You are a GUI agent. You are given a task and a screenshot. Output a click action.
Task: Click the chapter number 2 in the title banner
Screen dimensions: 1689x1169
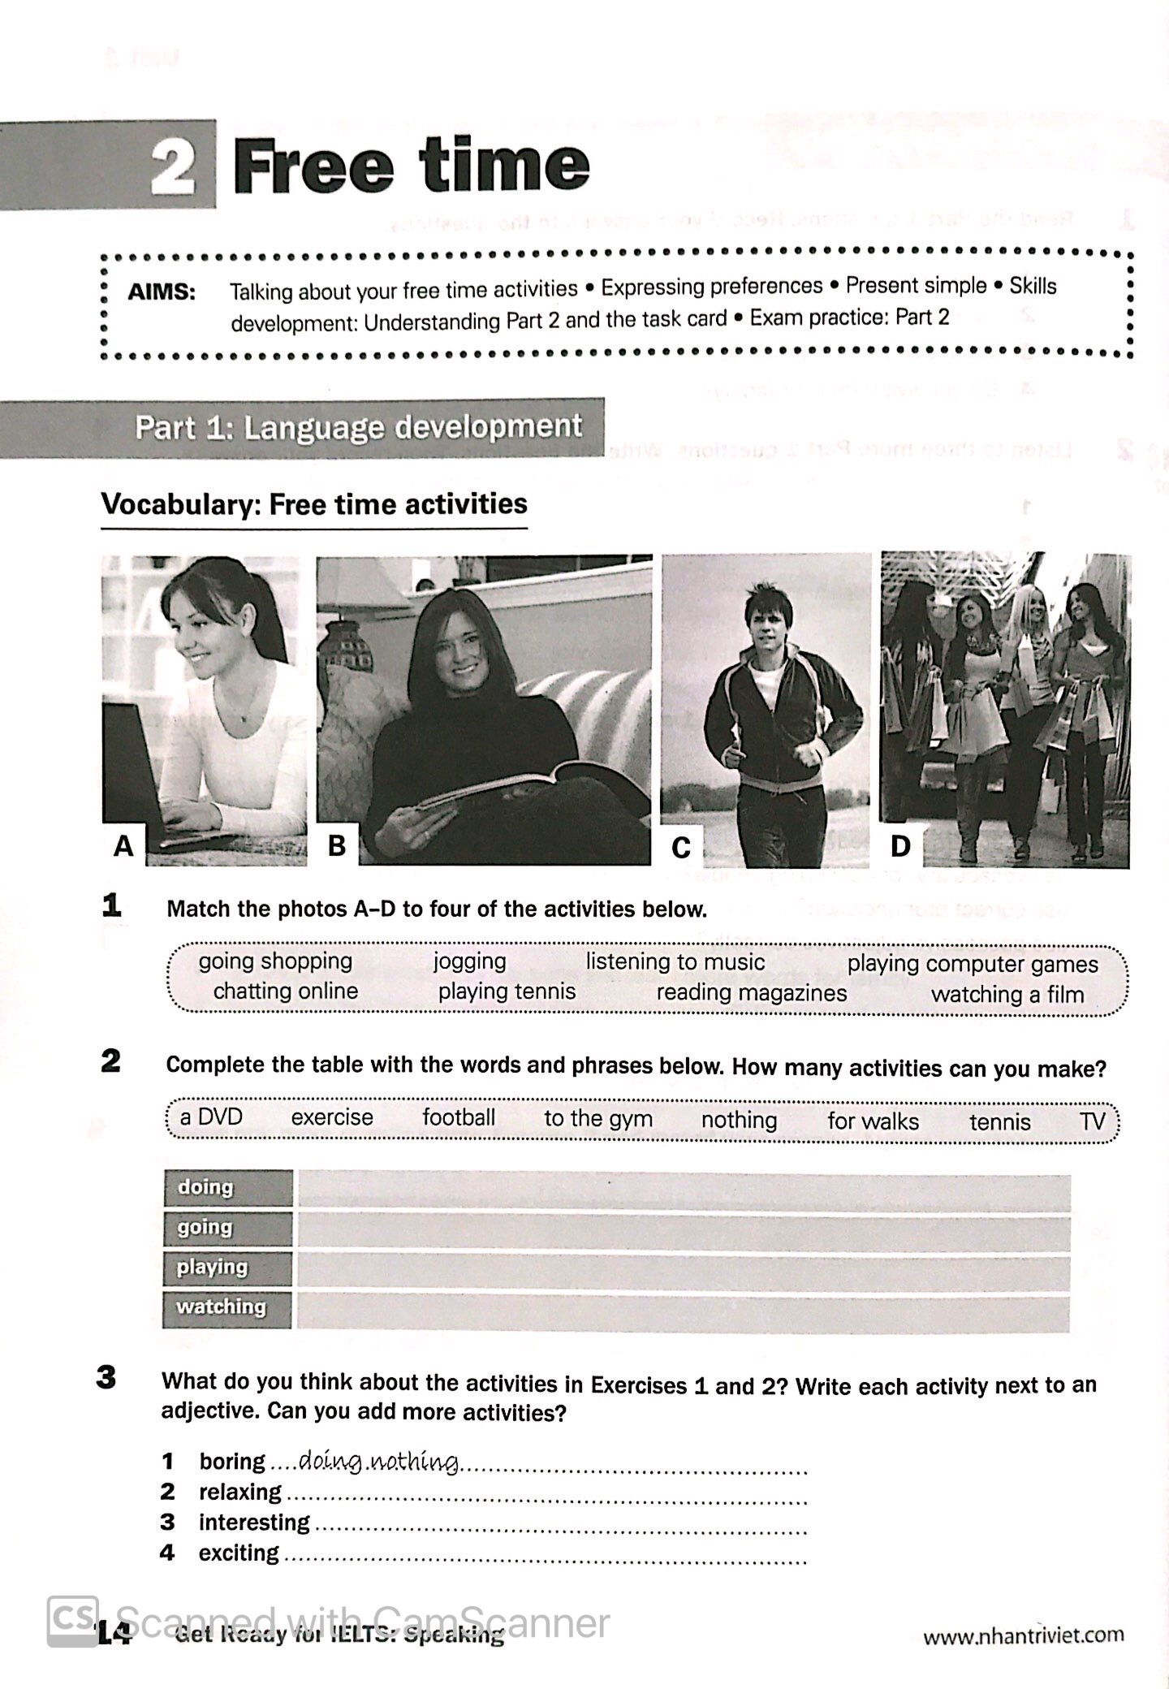coord(174,166)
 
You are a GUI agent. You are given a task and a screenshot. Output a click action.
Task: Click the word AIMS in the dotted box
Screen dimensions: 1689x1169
coord(162,292)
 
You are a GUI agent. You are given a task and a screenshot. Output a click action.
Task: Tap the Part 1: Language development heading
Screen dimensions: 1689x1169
coord(358,427)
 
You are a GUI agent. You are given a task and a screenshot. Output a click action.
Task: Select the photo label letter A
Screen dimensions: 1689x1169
coord(123,846)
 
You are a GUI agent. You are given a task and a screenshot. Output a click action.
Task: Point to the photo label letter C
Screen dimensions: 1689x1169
coord(681,847)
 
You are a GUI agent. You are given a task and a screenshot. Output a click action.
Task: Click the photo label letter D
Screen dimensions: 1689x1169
coord(900,845)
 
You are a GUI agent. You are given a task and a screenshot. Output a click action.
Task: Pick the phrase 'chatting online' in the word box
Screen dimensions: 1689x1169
coord(285,991)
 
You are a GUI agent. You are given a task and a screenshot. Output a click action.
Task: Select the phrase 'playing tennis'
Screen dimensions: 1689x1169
coord(507,991)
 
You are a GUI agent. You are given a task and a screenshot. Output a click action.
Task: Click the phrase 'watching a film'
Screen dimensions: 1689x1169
coord(1007,994)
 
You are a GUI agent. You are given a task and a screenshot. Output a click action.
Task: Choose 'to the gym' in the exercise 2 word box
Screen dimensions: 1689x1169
coord(597,1118)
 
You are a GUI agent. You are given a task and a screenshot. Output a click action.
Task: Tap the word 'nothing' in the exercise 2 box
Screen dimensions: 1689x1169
coord(739,1120)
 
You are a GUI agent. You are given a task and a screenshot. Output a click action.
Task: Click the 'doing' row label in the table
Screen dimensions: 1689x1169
coord(205,1187)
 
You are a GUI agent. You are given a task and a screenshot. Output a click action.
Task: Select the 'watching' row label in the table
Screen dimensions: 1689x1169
coord(221,1307)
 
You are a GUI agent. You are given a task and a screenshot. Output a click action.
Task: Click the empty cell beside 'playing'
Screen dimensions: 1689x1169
coord(682,1268)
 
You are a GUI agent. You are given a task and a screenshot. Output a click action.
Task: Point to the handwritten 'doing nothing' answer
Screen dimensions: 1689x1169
coord(378,1462)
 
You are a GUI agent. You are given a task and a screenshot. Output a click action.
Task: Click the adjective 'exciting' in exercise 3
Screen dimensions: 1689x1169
coord(239,1553)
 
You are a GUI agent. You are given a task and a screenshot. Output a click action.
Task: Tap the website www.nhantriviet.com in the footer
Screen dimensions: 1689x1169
coord(1023,1635)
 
